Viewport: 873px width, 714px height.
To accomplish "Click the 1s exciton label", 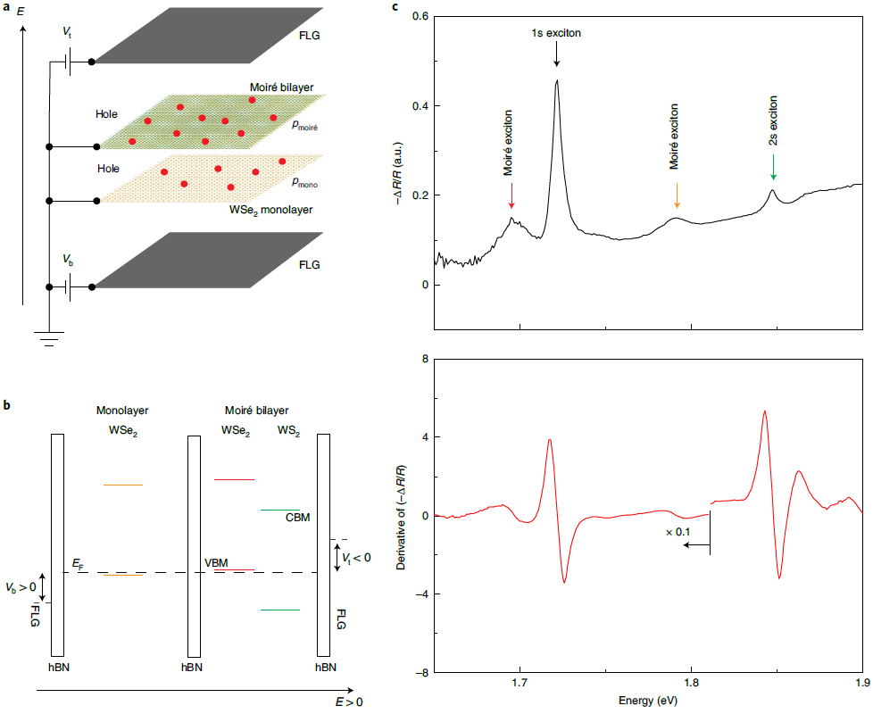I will tap(556, 33).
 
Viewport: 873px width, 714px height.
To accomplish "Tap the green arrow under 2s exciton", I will tap(773, 167).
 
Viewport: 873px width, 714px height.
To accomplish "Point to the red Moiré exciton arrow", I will tap(511, 195).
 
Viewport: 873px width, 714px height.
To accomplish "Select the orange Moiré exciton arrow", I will tap(678, 194).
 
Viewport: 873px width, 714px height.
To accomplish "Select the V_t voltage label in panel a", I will tap(68, 33).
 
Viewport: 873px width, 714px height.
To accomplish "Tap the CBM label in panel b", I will tap(297, 517).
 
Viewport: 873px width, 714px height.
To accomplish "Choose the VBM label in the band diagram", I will tap(217, 562).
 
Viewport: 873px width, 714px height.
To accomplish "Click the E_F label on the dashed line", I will tap(78, 564).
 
